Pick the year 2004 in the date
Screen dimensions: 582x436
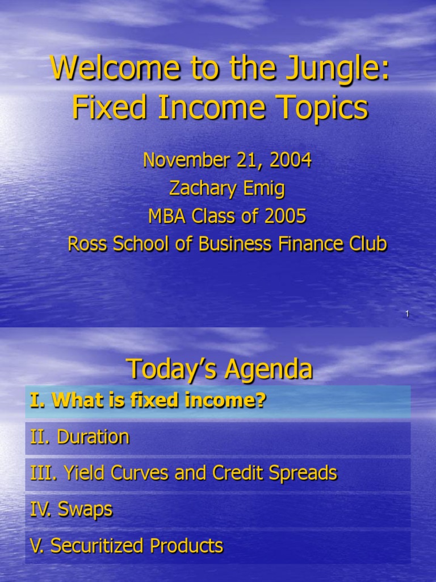(x=290, y=160)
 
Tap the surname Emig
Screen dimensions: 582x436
(x=262, y=188)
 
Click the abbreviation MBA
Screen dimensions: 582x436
(x=166, y=216)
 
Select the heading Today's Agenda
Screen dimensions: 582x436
(x=220, y=369)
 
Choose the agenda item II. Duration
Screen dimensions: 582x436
(x=79, y=437)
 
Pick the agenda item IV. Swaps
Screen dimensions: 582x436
(x=71, y=510)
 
